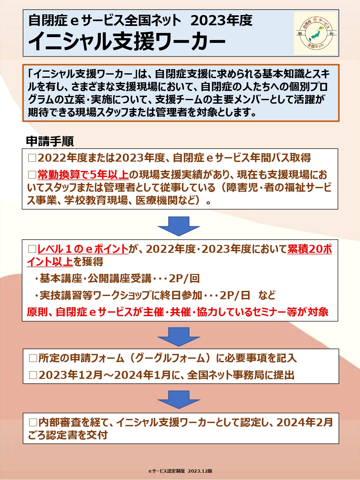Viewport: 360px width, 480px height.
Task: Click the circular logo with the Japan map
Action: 316,33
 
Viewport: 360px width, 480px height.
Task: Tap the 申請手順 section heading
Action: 50,141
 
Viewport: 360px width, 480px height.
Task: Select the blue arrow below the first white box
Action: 179,226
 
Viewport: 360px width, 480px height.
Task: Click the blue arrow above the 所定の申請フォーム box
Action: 179,337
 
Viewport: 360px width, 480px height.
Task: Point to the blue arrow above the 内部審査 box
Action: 179,400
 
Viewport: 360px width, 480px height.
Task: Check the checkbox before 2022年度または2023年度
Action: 32,158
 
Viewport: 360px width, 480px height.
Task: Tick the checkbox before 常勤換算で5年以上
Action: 32,175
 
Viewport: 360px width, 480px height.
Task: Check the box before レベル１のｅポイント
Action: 32,249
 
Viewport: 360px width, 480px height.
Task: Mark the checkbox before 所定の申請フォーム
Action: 33,358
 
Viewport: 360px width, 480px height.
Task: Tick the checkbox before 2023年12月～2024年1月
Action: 33,375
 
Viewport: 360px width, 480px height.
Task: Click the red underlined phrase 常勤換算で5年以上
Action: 83,175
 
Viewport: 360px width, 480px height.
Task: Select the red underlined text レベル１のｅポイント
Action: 83,249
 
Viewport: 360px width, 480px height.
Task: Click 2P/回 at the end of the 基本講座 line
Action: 184,278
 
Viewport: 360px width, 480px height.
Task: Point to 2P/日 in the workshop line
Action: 235,295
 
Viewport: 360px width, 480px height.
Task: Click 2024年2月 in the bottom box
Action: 305,422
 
